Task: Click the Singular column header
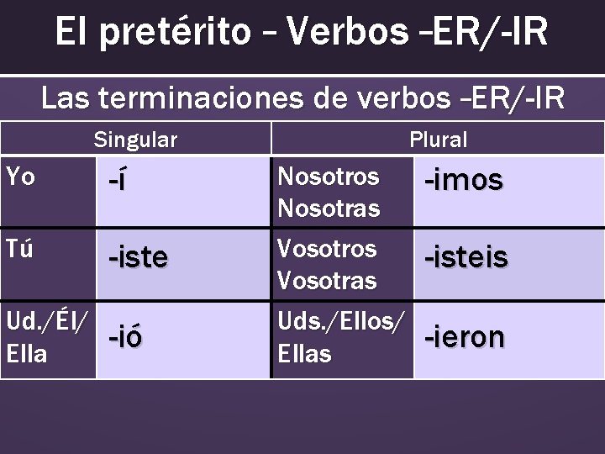tap(135, 140)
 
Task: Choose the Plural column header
tap(438, 140)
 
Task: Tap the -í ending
tap(118, 181)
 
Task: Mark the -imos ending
tap(463, 179)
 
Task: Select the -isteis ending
tap(466, 256)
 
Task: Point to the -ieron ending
tap(465, 336)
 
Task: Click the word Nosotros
tap(328, 177)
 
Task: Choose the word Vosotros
tap(328, 249)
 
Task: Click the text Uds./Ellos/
tap(340, 320)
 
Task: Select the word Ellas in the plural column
tap(304, 354)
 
